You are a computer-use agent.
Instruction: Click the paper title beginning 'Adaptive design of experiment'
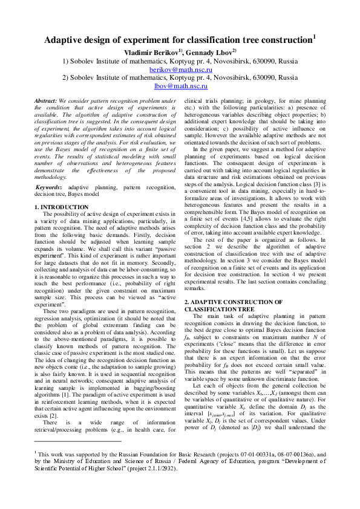(x=178, y=41)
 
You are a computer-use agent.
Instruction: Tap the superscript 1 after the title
(x=314, y=36)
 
